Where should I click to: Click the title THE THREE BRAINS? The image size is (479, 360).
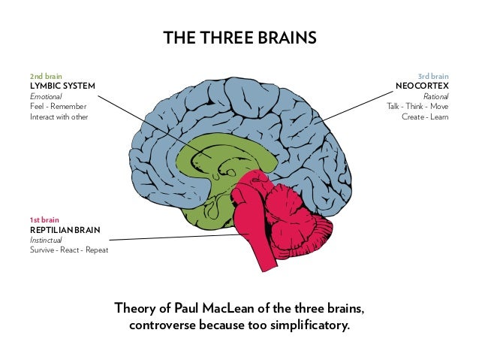[x=239, y=38]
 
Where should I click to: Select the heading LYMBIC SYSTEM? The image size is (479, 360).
[x=62, y=86]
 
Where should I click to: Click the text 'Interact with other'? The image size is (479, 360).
[x=59, y=117]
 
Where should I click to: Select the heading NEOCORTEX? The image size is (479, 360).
[x=423, y=86]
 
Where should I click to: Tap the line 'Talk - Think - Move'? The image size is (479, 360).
[x=417, y=107]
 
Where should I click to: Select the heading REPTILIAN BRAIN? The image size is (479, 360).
[x=65, y=229]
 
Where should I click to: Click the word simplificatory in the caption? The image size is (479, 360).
[x=308, y=327]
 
